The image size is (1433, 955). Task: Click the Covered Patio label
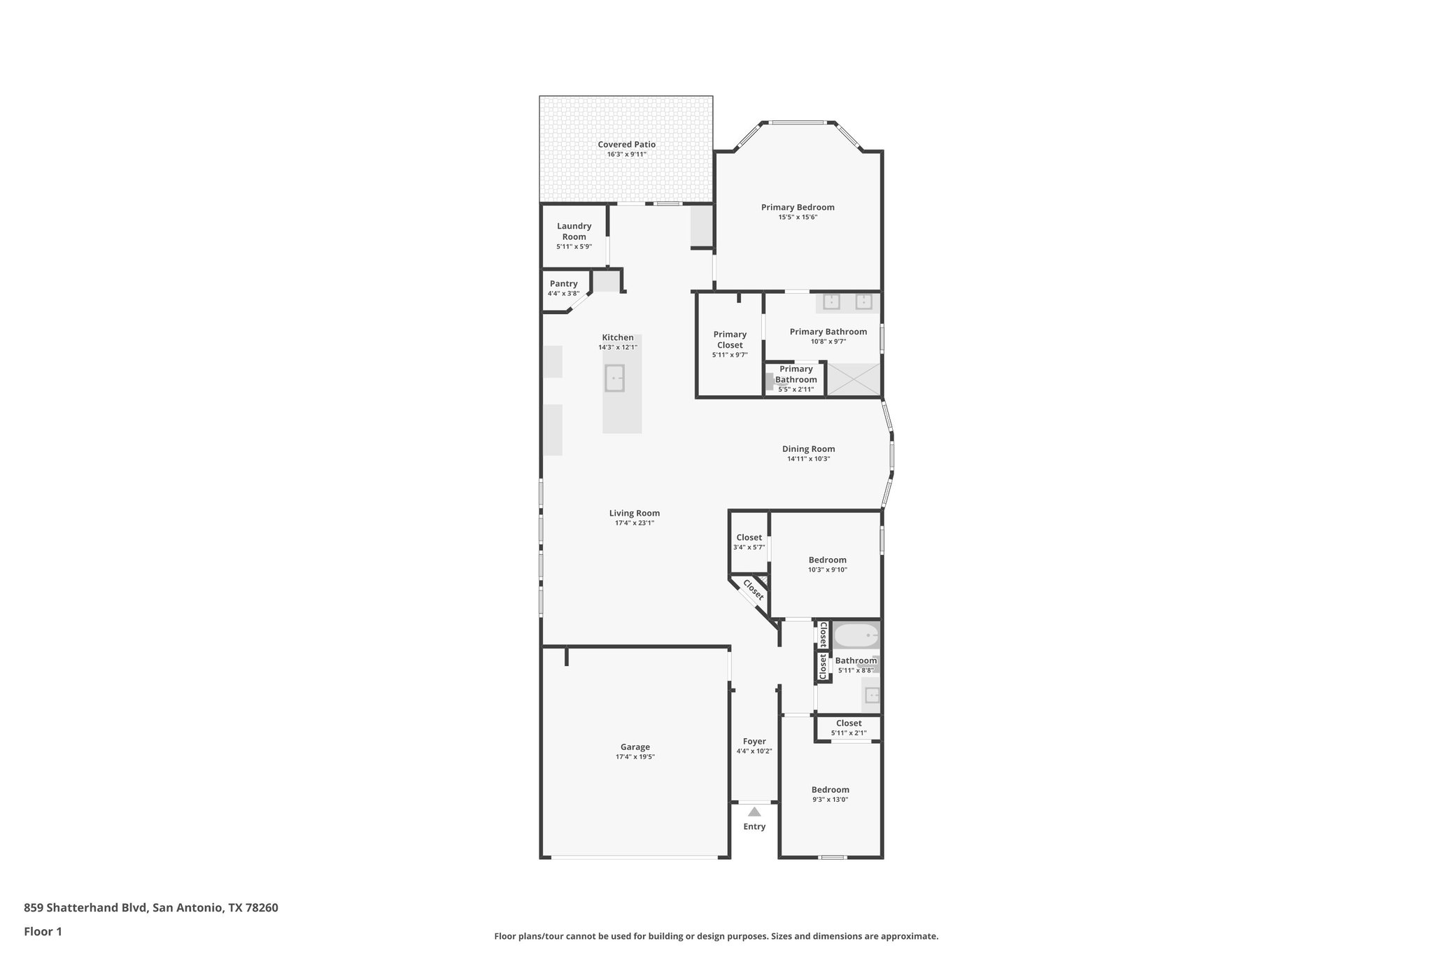(x=626, y=144)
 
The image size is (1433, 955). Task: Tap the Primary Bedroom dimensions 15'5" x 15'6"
(x=798, y=218)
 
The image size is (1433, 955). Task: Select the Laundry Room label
(x=574, y=231)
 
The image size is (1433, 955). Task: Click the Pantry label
(x=563, y=283)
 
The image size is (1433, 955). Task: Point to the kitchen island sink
(x=614, y=379)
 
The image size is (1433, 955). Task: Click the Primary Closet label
(x=730, y=339)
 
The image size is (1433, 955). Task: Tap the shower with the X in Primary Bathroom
(x=853, y=380)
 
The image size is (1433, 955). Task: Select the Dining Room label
(x=808, y=449)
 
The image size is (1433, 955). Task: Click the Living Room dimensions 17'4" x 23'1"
(x=634, y=523)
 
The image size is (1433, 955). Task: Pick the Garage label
(x=635, y=747)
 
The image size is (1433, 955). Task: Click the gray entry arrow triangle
(x=754, y=812)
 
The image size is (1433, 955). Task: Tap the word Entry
(x=754, y=826)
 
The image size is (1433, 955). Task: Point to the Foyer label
(x=754, y=741)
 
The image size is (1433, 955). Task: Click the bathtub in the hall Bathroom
(x=856, y=637)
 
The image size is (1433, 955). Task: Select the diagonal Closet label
(x=753, y=590)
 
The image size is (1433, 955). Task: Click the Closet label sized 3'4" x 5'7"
(x=749, y=537)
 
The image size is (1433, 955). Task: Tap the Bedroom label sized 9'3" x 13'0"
(x=830, y=789)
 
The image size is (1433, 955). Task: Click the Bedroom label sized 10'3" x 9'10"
(x=827, y=560)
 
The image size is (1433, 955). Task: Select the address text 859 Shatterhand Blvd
(x=85, y=908)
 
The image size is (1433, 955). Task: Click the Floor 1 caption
(x=43, y=931)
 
